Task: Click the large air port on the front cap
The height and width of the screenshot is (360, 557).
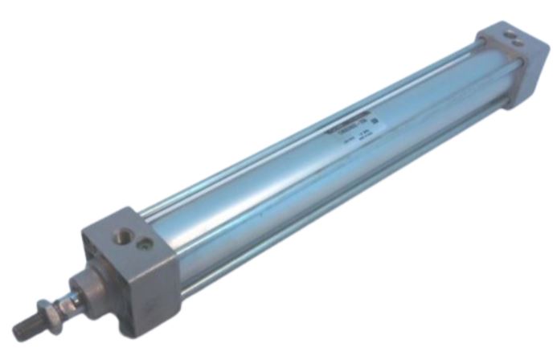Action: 123,235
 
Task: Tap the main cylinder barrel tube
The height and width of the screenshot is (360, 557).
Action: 305,169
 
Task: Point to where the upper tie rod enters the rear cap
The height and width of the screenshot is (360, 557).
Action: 479,43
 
